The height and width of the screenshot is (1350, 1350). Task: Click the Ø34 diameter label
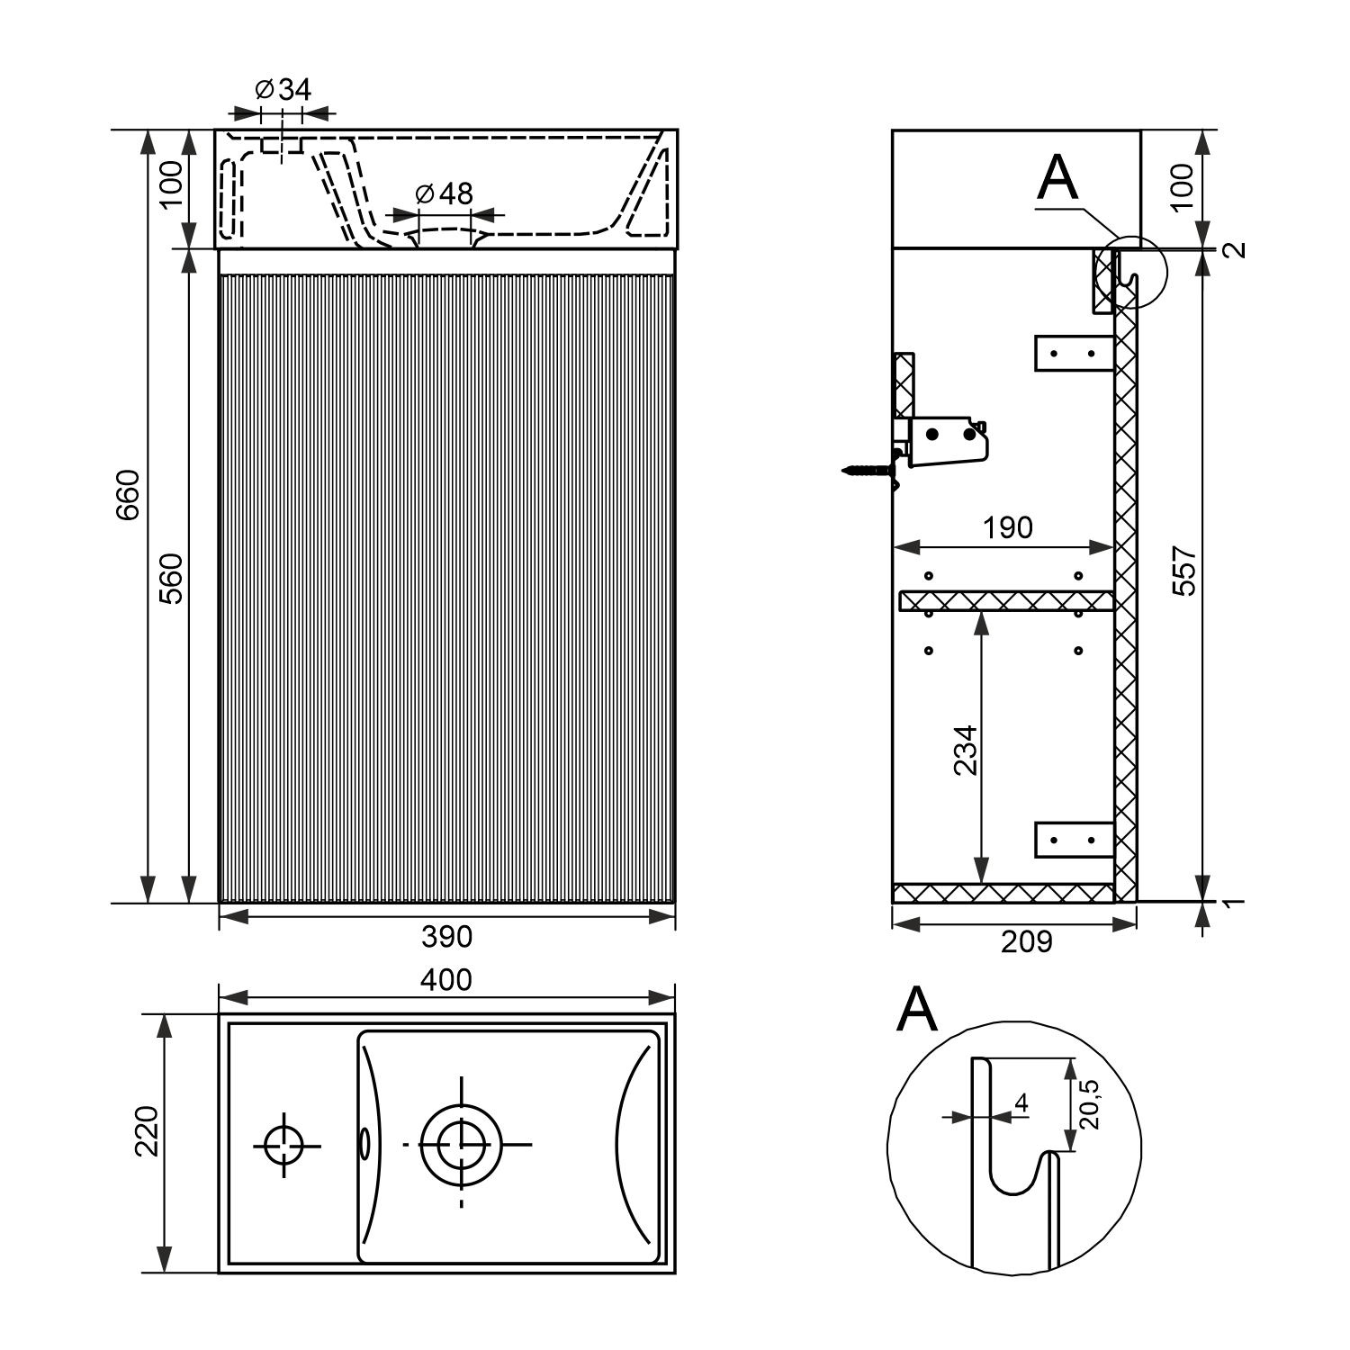pos(283,89)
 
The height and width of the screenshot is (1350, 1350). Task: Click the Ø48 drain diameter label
pos(445,193)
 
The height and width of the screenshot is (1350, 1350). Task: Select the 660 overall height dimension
pos(129,494)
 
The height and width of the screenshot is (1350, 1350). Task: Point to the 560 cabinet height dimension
pos(171,578)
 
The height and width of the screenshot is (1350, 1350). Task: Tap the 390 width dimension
pos(446,937)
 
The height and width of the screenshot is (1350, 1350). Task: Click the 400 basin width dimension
pos(446,979)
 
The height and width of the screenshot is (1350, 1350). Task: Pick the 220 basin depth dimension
pos(146,1130)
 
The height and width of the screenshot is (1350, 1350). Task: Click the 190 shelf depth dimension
pos(1007,527)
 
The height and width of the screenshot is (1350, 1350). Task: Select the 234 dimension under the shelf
pos(965,750)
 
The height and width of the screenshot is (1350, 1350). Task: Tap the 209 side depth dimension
pos(1026,941)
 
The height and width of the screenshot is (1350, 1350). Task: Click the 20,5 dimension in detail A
pos(1090,1103)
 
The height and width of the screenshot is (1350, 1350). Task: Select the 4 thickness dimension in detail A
pos(1021,1102)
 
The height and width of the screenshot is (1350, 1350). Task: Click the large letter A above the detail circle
pos(917,1010)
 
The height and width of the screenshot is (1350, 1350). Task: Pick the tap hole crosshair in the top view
pos(285,1145)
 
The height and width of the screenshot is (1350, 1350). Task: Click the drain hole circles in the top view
pos(461,1145)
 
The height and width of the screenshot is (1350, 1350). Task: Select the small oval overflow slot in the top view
pos(364,1144)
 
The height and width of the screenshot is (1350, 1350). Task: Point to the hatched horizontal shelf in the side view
pos(1006,600)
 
